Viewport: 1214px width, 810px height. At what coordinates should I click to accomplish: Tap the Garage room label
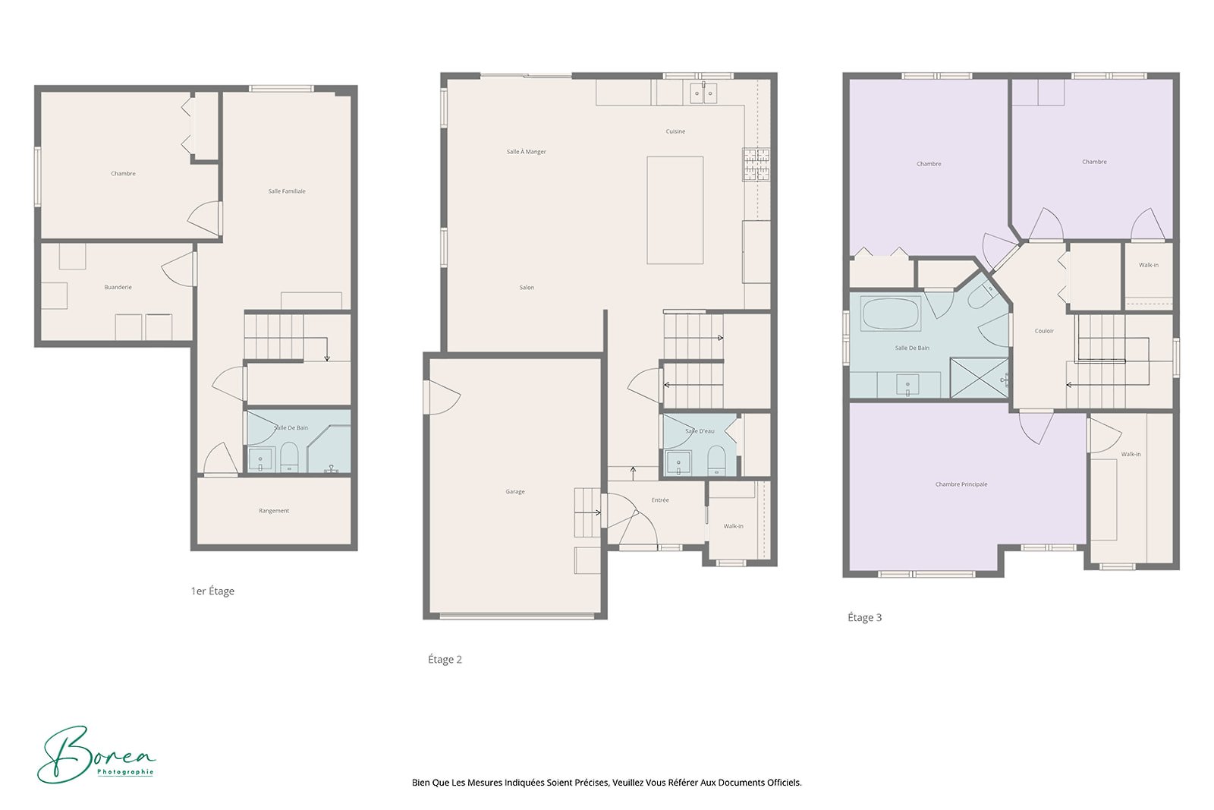(515, 492)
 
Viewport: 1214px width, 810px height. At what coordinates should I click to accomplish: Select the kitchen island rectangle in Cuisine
(675, 210)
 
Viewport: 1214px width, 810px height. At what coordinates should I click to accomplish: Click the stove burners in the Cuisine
(756, 165)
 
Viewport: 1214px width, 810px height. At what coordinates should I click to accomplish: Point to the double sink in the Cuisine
(703, 93)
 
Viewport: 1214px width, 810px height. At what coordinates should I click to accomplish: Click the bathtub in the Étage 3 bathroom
(891, 314)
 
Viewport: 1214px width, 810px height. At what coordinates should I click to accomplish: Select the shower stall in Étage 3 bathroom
(978, 378)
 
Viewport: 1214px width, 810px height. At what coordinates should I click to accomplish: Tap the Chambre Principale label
(961, 484)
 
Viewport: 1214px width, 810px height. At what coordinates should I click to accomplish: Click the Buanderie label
(118, 288)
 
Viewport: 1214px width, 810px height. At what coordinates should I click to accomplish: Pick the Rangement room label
(274, 511)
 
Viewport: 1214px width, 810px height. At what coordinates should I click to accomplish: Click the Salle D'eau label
(700, 431)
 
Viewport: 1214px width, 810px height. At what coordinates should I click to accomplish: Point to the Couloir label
(1044, 331)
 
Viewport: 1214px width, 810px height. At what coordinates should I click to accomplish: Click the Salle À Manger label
(526, 152)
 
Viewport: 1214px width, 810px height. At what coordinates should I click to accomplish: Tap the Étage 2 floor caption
(445, 660)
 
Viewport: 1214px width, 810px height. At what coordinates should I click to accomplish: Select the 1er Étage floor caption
(212, 591)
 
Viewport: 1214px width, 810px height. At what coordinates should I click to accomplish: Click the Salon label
(527, 288)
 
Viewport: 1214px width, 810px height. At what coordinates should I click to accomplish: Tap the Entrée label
(660, 500)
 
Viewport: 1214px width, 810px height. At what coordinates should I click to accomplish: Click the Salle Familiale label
(287, 191)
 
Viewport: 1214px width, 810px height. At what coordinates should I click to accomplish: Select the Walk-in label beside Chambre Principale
(1131, 454)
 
